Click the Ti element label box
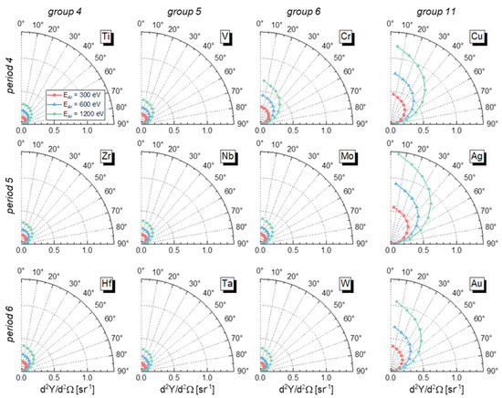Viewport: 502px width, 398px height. pyautogui.click(x=108, y=37)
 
